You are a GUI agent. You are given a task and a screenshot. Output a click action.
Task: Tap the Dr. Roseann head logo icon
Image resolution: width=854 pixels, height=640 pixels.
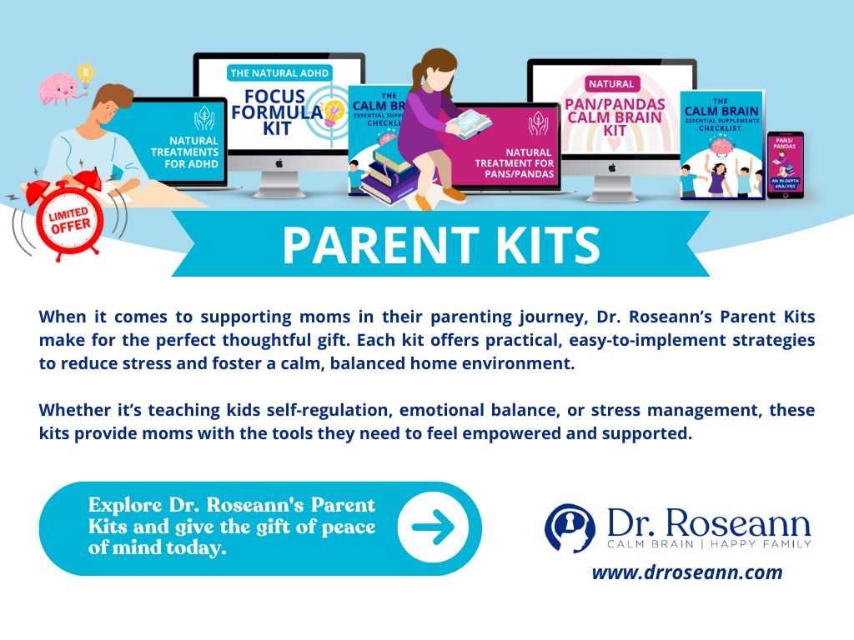(570, 527)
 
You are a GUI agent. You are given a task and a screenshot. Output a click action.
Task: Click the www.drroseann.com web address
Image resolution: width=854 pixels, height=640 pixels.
(687, 572)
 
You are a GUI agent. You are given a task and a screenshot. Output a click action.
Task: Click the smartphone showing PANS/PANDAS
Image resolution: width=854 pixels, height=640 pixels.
(785, 164)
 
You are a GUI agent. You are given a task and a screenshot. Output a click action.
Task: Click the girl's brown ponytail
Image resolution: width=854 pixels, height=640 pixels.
(443, 66)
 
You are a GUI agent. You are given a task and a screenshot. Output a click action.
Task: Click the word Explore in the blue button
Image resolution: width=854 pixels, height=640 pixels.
(122, 505)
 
